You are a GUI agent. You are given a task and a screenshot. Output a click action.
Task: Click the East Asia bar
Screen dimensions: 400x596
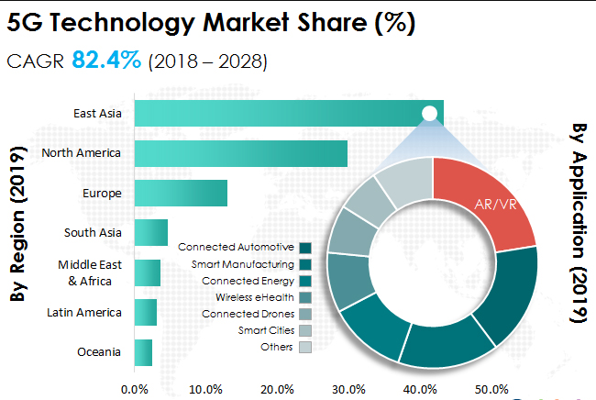click(x=275, y=114)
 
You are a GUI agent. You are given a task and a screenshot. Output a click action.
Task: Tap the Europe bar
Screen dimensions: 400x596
click(x=181, y=193)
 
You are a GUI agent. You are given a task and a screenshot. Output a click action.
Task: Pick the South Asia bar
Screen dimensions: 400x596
click(x=151, y=232)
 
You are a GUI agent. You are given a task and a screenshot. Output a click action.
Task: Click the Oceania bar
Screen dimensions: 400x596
click(x=143, y=352)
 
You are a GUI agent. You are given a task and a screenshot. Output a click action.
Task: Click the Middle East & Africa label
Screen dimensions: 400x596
click(x=83, y=272)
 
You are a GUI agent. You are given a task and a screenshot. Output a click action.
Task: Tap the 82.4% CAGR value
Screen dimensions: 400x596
click(x=106, y=61)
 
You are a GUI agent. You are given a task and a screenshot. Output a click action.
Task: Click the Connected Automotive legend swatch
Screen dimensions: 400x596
click(x=305, y=247)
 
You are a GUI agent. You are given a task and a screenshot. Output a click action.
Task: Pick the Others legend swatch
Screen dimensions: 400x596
click(x=305, y=347)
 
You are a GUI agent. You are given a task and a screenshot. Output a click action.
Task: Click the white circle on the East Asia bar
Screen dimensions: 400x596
click(x=429, y=113)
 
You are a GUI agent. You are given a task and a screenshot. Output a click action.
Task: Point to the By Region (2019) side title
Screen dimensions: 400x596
click(x=16, y=229)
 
